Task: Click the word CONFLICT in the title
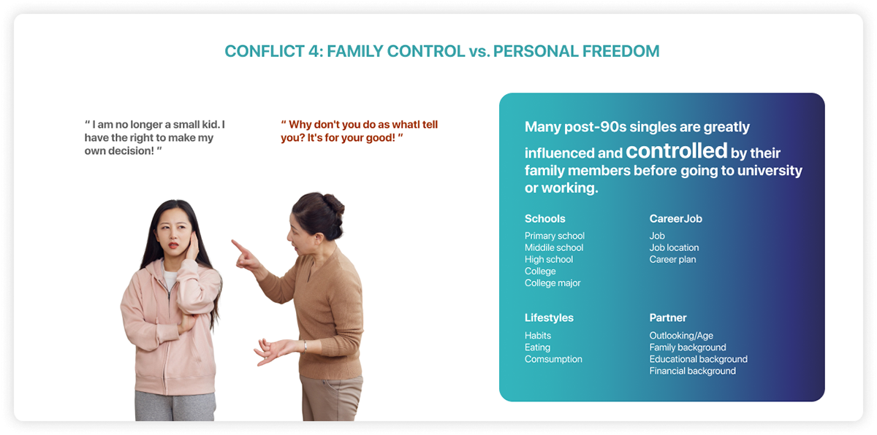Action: (265, 52)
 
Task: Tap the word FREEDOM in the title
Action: (620, 52)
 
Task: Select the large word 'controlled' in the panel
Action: (676, 151)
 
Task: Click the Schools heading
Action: (544, 218)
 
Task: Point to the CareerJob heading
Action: (675, 218)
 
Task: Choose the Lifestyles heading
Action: (549, 317)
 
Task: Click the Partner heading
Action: (668, 317)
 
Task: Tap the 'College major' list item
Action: (553, 283)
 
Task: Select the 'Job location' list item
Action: (674, 248)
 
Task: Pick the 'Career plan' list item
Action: (672, 260)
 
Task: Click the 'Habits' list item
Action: (538, 335)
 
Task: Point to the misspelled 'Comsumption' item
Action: (553, 359)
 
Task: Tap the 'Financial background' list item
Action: (693, 371)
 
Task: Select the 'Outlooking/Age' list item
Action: (681, 336)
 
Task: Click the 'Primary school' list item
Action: (555, 236)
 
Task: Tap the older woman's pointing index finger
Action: (238, 245)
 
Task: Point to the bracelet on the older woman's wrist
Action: (305, 346)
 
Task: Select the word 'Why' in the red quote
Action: (300, 125)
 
